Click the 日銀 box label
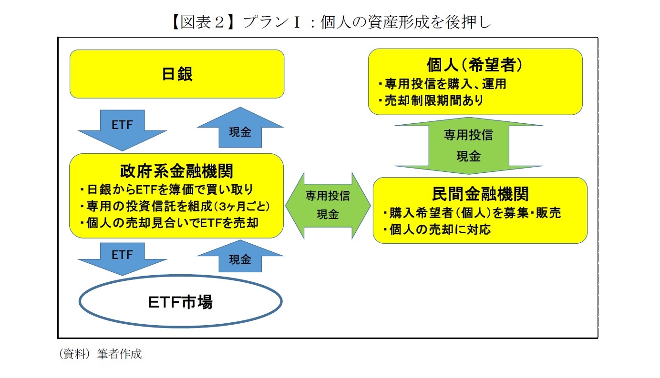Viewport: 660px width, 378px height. coord(177,75)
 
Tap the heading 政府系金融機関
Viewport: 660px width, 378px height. coord(176,170)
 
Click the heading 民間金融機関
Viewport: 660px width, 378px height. coord(480,194)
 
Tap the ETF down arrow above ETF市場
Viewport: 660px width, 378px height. coord(122,257)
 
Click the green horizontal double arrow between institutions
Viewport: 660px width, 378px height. coord(328,205)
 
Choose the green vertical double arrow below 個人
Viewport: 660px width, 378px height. coord(469,145)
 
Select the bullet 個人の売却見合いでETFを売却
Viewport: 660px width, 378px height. coord(169,222)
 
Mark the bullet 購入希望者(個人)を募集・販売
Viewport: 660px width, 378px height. coord(472,213)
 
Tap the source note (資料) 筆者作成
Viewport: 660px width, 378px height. coord(100,354)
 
